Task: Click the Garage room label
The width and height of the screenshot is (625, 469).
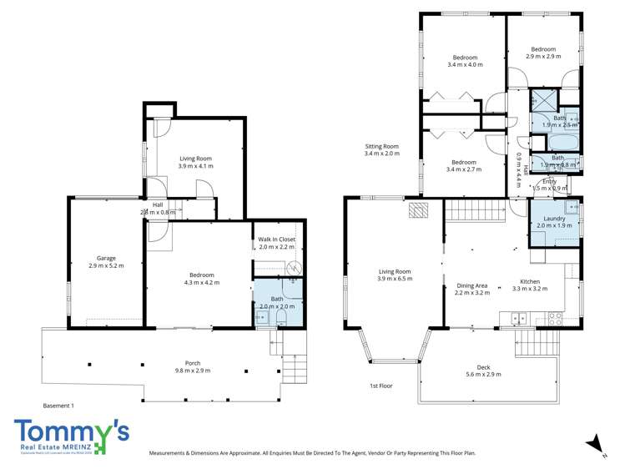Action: point(106,258)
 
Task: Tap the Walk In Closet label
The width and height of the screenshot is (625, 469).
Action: point(276,240)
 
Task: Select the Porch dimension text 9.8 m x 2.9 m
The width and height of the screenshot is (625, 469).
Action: point(192,371)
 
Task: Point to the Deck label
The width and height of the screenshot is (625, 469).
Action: point(483,366)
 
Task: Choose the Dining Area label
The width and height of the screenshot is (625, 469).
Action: point(474,285)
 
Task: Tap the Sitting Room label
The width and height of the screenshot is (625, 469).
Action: point(381,146)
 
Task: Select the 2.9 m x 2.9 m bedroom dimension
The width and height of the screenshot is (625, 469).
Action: point(543,56)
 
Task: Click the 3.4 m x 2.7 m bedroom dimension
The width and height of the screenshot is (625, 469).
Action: point(464,169)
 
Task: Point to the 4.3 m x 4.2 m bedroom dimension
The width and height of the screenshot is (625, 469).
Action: point(201,283)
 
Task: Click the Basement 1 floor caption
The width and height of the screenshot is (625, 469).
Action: point(58,406)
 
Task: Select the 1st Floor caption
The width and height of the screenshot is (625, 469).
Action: point(381,386)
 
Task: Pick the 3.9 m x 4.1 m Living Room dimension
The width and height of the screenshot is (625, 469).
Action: point(195,166)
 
